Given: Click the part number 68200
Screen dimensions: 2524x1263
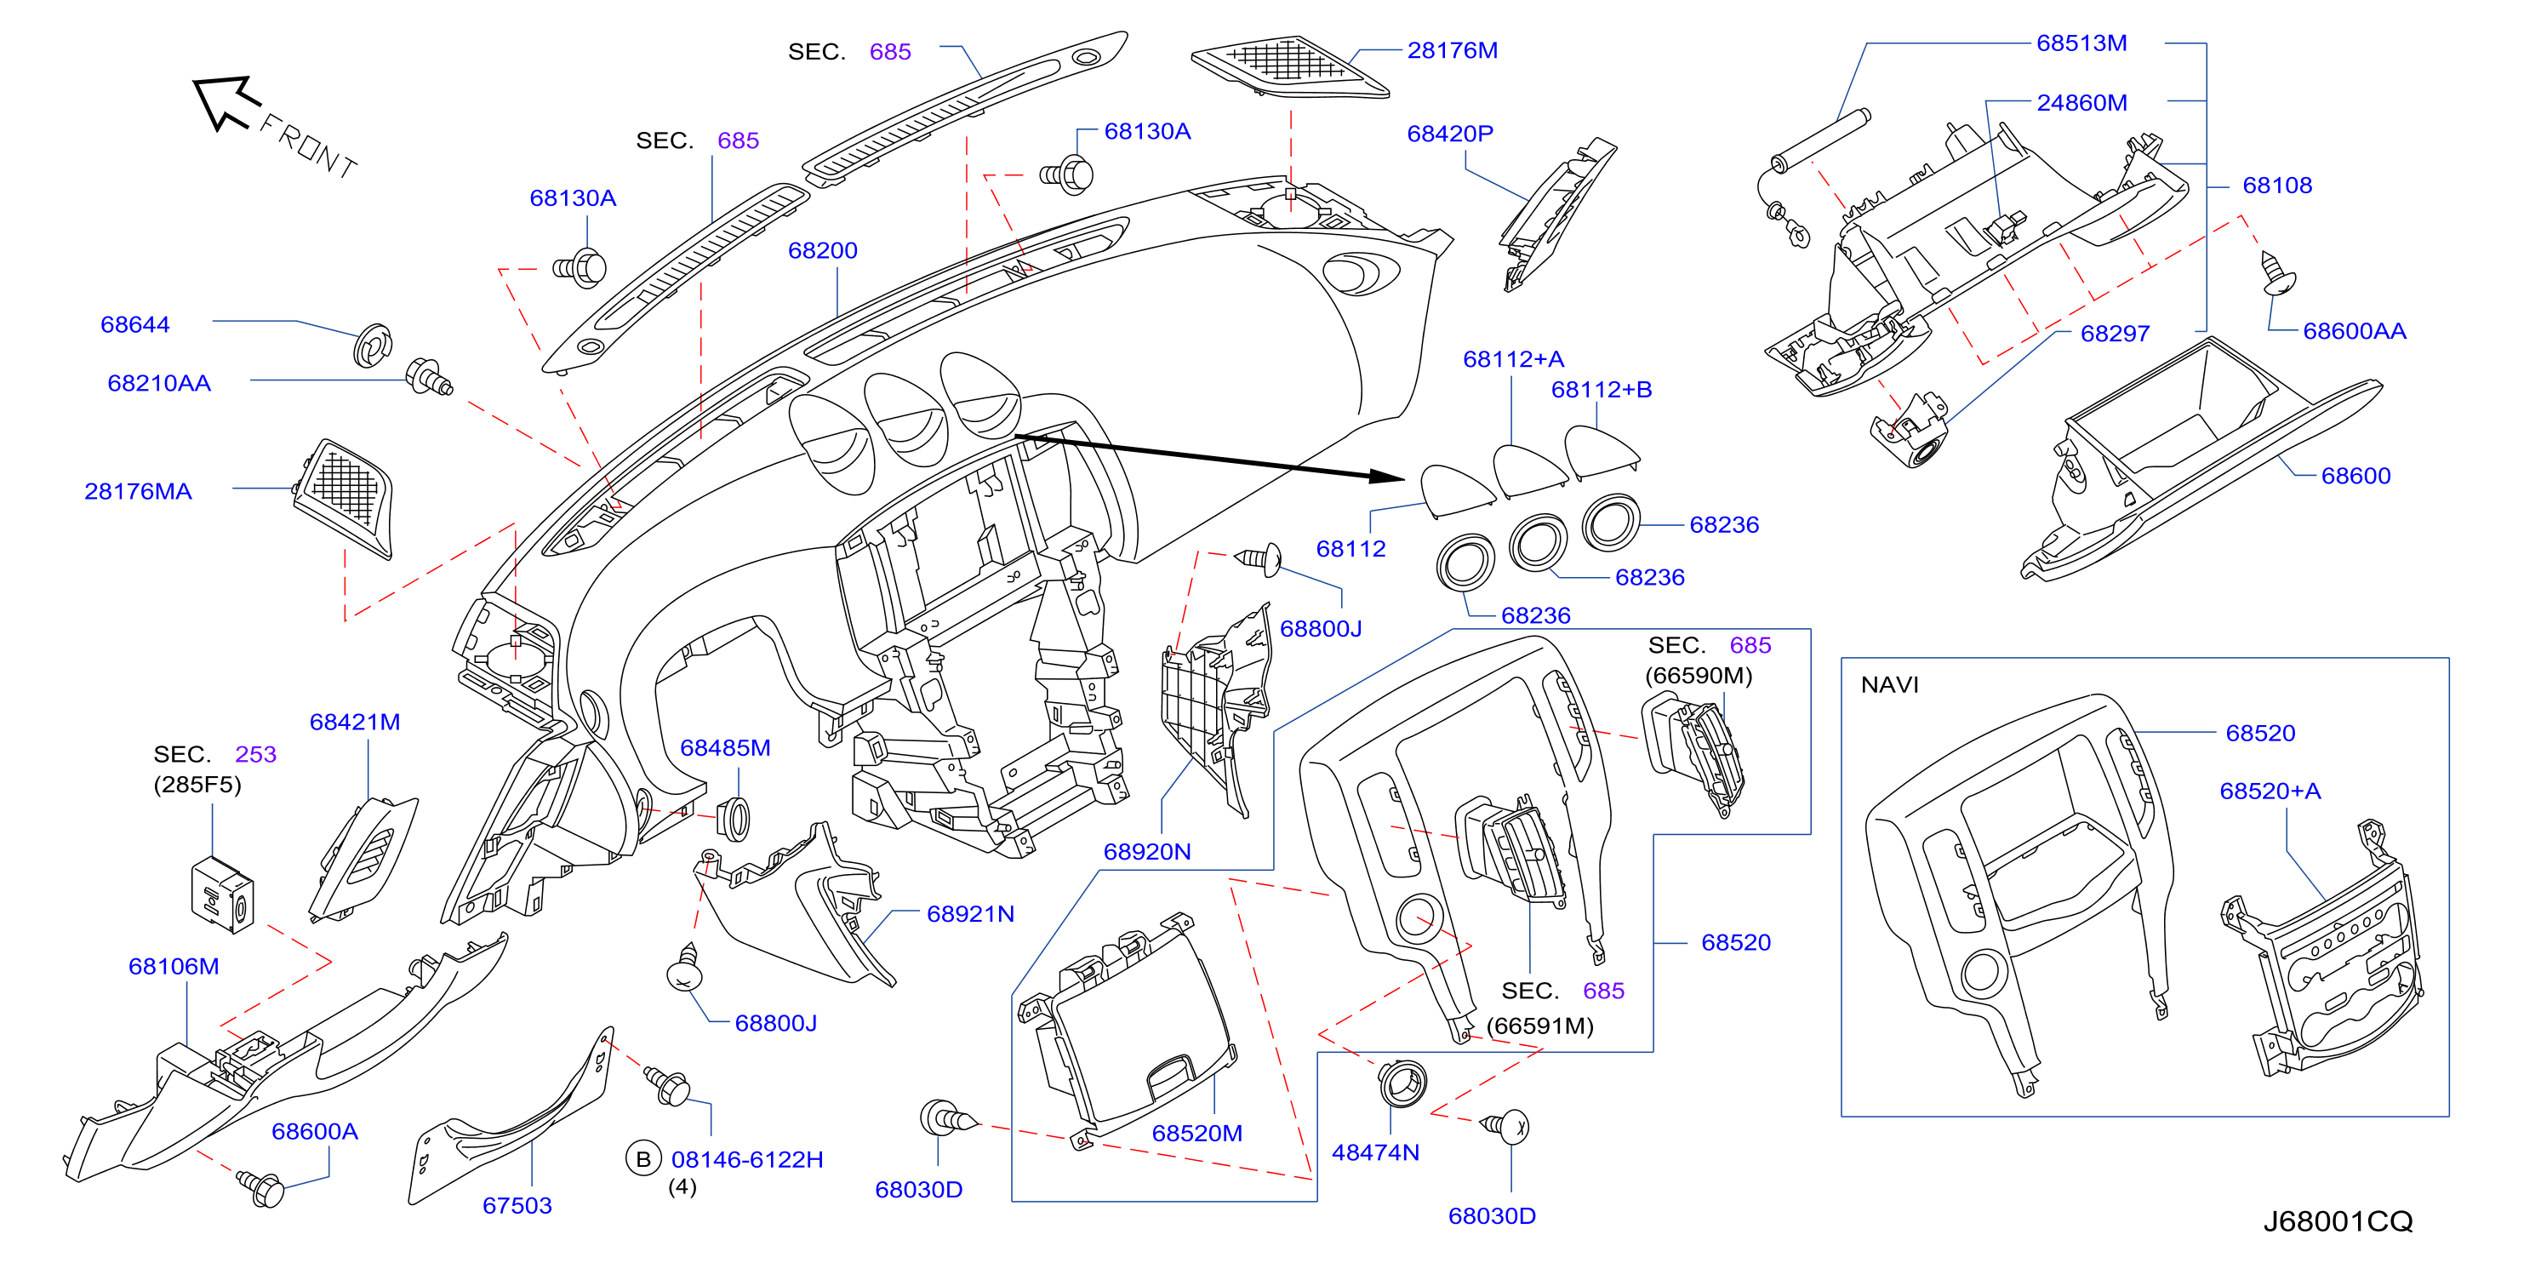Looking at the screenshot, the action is [822, 251].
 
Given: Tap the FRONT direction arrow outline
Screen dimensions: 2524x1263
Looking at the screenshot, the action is [226, 102].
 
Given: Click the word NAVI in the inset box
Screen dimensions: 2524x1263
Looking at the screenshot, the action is [1889, 685].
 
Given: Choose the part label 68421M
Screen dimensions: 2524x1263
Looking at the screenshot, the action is [355, 722].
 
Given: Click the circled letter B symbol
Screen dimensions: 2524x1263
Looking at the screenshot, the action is [642, 1159].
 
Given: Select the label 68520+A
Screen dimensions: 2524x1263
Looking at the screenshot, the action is [2270, 791].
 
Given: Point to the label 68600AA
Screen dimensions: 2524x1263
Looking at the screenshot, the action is [2354, 331].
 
